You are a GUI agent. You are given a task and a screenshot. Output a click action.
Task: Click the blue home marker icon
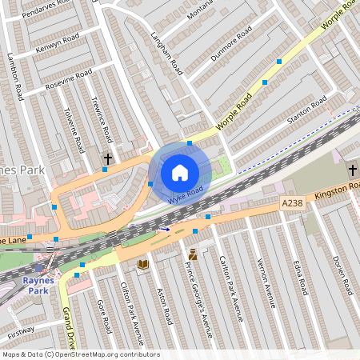[180, 173]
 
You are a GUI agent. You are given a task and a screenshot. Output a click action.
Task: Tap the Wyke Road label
[185, 194]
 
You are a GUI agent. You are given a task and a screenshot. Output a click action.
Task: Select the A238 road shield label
[293, 205]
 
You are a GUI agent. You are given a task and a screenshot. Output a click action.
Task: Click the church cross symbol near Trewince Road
[108, 159]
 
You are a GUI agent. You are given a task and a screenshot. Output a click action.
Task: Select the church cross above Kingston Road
[352, 170]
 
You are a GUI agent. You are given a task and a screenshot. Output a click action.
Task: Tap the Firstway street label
[21, 329]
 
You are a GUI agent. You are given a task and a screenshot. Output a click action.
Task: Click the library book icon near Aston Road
[143, 265]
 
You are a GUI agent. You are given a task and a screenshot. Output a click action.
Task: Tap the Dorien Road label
[342, 271]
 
